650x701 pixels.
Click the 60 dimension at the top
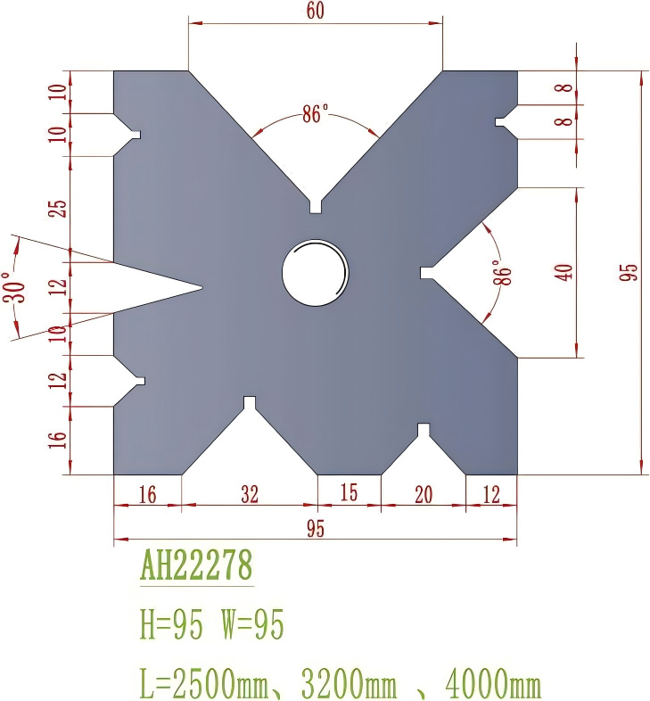point(314,11)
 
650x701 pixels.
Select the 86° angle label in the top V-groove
point(315,114)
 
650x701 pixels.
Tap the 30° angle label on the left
point(17,287)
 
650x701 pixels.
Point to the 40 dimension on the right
point(564,272)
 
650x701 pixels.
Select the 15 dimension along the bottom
point(349,493)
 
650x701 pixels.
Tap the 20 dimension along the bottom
point(423,493)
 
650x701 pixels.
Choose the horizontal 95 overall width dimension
point(315,528)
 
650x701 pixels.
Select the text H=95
point(173,626)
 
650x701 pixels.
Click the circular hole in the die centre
point(315,271)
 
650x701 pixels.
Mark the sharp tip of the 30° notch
point(202,287)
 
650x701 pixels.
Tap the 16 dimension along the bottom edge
point(147,493)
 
